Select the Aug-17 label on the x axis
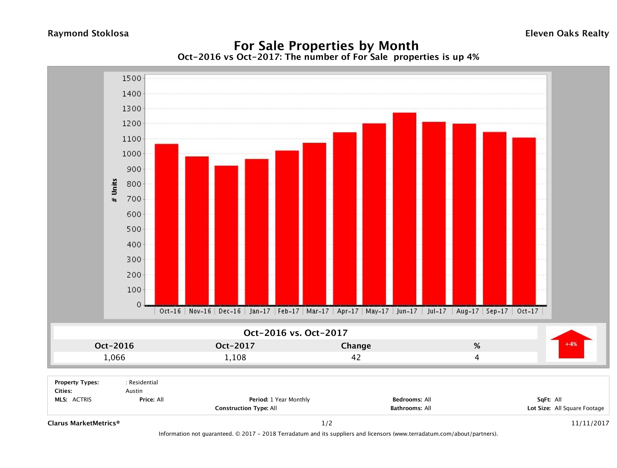[467, 311]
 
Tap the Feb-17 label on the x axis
[288, 311]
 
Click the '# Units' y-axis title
[114, 190]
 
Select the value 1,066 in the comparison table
[114, 357]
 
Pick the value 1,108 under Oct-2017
[235, 357]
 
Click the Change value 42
[356, 357]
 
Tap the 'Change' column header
[356, 346]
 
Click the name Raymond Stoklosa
[88, 33]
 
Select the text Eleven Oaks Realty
[567, 33]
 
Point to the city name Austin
[134, 391]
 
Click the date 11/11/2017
[590, 423]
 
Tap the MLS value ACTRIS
[82, 400]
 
